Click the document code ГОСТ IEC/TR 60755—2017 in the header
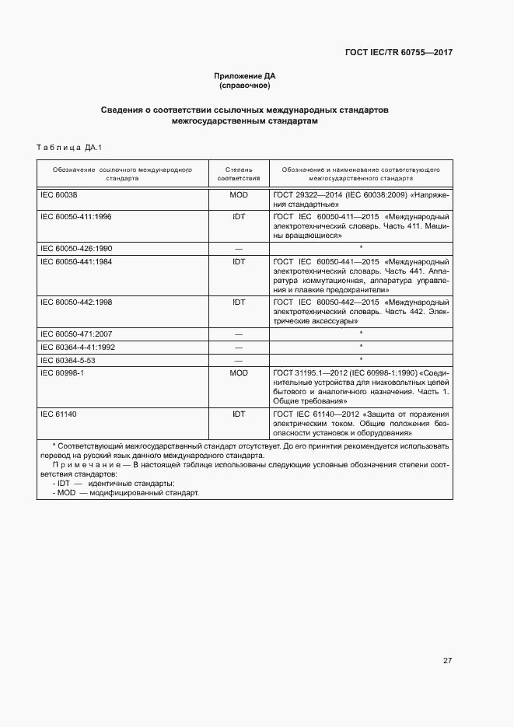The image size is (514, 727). [x=399, y=52]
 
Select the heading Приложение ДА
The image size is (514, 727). [x=245, y=75]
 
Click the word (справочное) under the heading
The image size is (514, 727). [x=245, y=85]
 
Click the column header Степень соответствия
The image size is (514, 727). [x=238, y=173]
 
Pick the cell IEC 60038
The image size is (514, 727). [x=59, y=194]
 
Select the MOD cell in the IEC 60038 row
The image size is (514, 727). [x=238, y=194]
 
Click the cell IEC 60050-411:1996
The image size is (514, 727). [x=75, y=216]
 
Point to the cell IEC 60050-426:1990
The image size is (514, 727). [x=75, y=248]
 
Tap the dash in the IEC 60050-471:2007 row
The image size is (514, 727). [x=238, y=334]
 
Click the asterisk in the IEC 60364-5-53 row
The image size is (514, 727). [x=361, y=360]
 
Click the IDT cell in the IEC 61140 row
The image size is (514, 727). [x=238, y=414]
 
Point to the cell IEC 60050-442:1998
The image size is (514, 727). [x=75, y=302]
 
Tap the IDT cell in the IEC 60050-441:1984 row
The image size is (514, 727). [x=238, y=261]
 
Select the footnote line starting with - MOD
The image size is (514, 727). [x=124, y=492]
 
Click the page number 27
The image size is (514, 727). [x=447, y=660]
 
